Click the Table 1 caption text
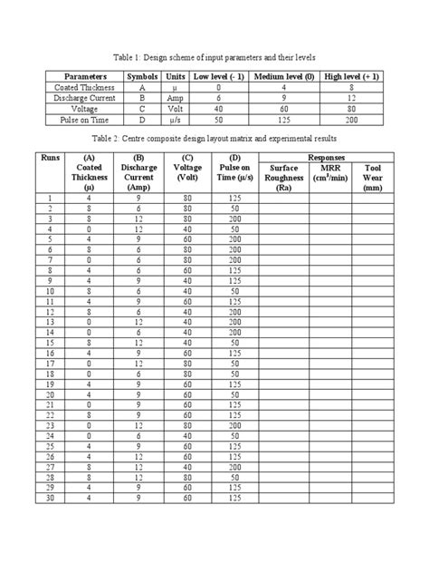(x=214, y=55)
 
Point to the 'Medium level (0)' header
(x=281, y=77)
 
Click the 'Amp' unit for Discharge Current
(x=175, y=98)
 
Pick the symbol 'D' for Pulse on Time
(x=143, y=119)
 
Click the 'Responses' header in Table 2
(x=329, y=157)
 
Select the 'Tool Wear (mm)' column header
(x=373, y=178)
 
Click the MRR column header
(x=330, y=172)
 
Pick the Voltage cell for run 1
(x=188, y=198)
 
